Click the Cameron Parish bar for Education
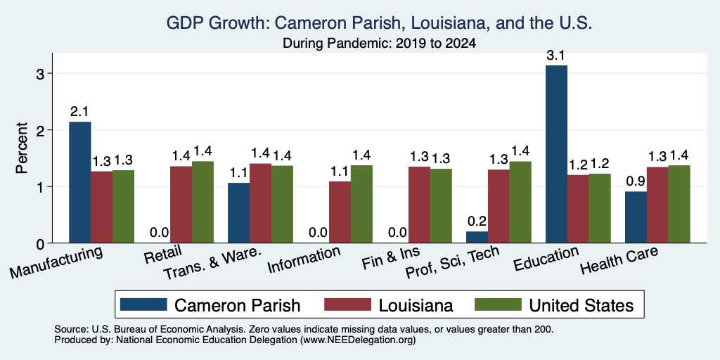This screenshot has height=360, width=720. [556, 154]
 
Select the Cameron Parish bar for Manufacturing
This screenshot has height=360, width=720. [80, 182]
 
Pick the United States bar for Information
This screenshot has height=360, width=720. [361, 204]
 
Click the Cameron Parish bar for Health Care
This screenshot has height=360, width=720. [636, 217]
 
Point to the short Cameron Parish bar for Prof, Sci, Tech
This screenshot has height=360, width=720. [477, 237]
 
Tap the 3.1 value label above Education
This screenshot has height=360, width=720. [555, 56]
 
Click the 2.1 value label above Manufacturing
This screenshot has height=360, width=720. [79, 112]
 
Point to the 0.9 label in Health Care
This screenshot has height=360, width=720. [636, 181]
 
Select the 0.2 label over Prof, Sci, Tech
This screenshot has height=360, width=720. [477, 221]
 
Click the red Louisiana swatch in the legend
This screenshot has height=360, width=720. [347, 304]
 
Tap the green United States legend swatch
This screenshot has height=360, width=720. [498, 304]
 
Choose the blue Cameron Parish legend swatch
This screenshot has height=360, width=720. [143, 304]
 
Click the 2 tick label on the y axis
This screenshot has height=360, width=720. [40, 130]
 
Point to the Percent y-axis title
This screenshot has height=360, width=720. [22, 148]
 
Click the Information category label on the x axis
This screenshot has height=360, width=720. [304, 259]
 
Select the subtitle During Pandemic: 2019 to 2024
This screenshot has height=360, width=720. [379, 44]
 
